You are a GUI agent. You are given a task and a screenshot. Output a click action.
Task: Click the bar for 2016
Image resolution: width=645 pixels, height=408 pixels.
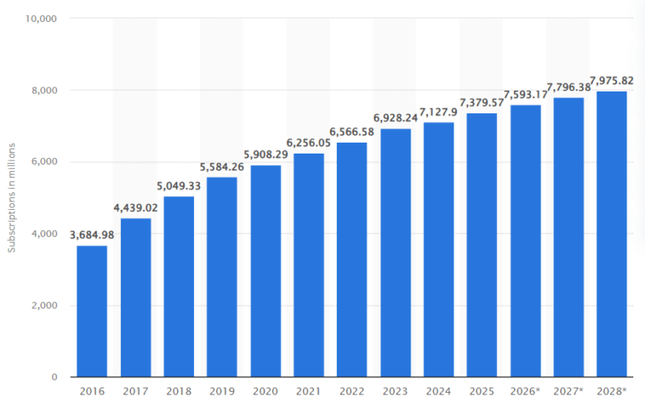click(92, 311)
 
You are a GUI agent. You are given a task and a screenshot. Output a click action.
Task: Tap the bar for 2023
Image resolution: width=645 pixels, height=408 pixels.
click(395, 252)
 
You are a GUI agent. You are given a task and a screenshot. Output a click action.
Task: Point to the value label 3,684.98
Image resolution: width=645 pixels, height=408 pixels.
click(92, 234)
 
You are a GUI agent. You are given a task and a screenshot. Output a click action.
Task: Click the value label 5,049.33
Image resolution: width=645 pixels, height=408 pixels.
click(179, 186)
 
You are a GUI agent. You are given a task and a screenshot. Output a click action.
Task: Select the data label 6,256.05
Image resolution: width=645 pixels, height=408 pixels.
click(309, 143)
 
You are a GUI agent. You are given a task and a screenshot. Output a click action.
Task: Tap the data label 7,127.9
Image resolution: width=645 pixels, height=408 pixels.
click(438, 112)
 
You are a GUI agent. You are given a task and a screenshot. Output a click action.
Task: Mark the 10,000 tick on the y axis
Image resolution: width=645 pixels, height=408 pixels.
click(39, 18)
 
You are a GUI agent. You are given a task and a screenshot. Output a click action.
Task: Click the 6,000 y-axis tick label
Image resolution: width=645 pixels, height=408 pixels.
click(42, 162)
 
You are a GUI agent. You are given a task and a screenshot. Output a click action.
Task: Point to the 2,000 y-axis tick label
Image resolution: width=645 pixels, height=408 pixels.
click(42, 306)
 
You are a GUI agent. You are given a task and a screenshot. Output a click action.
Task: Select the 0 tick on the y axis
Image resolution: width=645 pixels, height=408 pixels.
click(52, 378)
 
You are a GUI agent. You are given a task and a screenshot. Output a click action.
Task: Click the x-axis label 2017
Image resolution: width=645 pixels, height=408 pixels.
click(135, 392)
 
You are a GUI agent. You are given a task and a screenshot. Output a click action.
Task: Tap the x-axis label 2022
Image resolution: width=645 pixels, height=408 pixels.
click(352, 392)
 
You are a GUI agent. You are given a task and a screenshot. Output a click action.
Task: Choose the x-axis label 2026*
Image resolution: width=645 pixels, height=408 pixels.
click(526, 392)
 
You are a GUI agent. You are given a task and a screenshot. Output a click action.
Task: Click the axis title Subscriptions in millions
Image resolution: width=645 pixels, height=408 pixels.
click(12, 198)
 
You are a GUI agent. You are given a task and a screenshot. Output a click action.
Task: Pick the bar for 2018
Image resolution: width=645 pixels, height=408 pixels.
click(179, 286)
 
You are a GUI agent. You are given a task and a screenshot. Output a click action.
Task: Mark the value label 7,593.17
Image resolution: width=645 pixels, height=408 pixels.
click(525, 94)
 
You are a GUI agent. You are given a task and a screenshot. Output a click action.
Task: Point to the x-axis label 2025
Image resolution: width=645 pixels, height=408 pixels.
click(481, 392)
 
